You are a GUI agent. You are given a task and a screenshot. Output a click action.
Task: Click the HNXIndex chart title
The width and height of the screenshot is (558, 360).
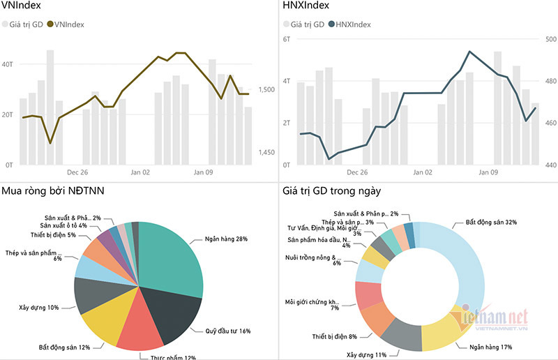tap(306, 8)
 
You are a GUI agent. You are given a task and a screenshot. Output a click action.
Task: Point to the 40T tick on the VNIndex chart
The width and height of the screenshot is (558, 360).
tap(8, 64)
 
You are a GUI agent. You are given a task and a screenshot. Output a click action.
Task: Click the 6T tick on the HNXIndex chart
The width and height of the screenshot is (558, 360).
tap(287, 39)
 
